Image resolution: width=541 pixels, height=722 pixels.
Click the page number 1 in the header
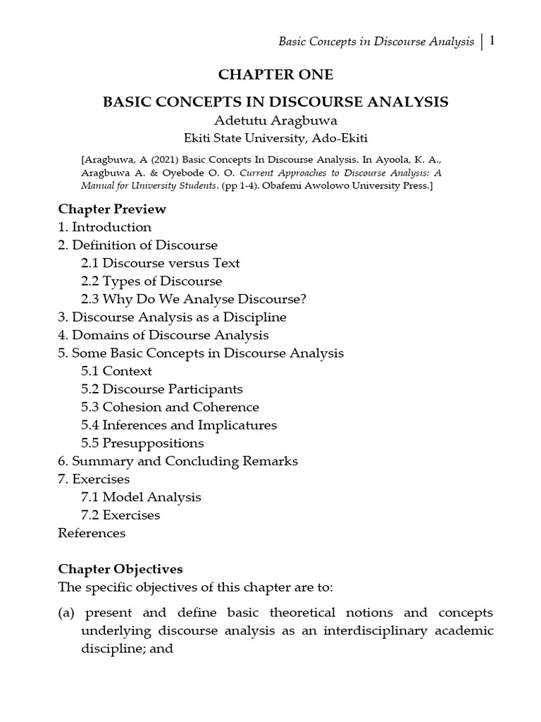(492, 41)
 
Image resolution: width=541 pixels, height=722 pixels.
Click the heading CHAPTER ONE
(275, 75)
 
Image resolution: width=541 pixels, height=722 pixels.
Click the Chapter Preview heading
(112, 209)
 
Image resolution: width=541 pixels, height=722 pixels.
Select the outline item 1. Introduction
(104, 227)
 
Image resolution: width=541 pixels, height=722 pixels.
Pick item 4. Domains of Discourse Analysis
(163, 335)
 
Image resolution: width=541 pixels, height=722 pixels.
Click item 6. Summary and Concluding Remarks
(178, 461)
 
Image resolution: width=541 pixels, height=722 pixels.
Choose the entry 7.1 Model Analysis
(141, 497)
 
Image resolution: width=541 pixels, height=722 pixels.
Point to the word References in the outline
(92, 533)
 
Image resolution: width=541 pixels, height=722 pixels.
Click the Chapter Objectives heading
(120, 568)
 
